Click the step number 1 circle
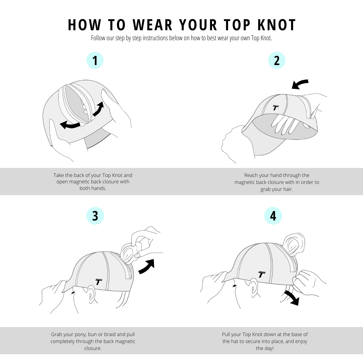95,60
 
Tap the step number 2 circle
277,60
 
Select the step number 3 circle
95,216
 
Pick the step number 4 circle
273,216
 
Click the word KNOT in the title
276,25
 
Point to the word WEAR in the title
152,25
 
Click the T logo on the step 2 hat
276,107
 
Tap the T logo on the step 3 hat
99,282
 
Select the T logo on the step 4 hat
262,274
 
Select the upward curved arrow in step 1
98,109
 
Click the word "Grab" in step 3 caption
57,334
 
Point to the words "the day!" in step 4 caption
264,348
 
